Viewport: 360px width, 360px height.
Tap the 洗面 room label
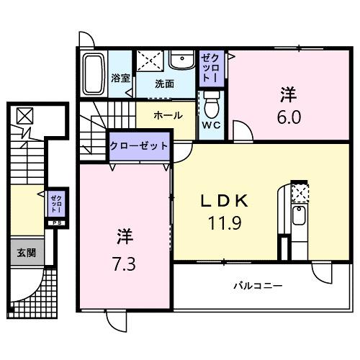pyautogui.click(x=164, y=83)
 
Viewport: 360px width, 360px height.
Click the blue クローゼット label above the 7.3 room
pyautogui.click(x=139, y=145)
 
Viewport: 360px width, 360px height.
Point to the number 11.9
pyautogui.click(x=224, y=223)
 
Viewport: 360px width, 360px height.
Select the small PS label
pyautogui.click(x=55, y=223)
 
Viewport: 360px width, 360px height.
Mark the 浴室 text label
pyautogui.click(x=120, y=78)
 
